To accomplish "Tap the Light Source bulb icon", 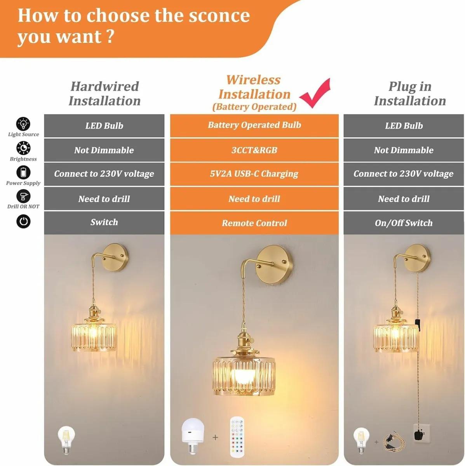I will [23, 124].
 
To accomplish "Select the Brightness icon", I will [23, 148].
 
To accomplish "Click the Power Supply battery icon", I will [23, 172].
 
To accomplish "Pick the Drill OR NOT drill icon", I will [23, 196].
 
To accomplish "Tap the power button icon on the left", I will [23, 221].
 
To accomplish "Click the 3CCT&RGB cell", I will [254, 150].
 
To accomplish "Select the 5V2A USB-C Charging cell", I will [254, 174].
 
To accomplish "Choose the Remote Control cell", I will [254, 223].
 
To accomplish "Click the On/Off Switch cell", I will [404, 223].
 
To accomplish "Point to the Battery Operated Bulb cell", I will [254, 125].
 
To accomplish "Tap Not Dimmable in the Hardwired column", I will [104, 150].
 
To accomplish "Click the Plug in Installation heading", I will [410, 94].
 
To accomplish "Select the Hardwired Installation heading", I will [104, 94].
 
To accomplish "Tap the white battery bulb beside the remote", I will [193, 435].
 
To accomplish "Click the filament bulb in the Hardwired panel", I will [66, 440].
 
